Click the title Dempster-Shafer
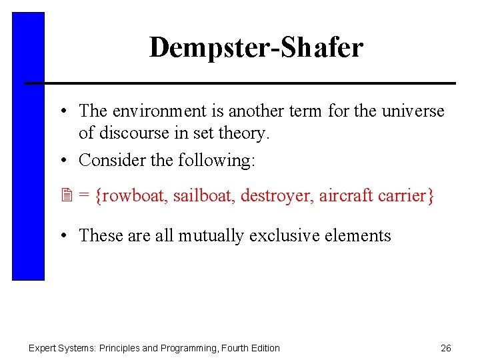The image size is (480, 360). click(256, 48)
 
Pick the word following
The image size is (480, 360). click(227, 161)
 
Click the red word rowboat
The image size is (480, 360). click(131, 196)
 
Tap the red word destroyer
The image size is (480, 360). click(276, 196)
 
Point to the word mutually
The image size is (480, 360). click(211, 235)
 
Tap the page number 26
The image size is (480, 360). click(446, 348)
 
